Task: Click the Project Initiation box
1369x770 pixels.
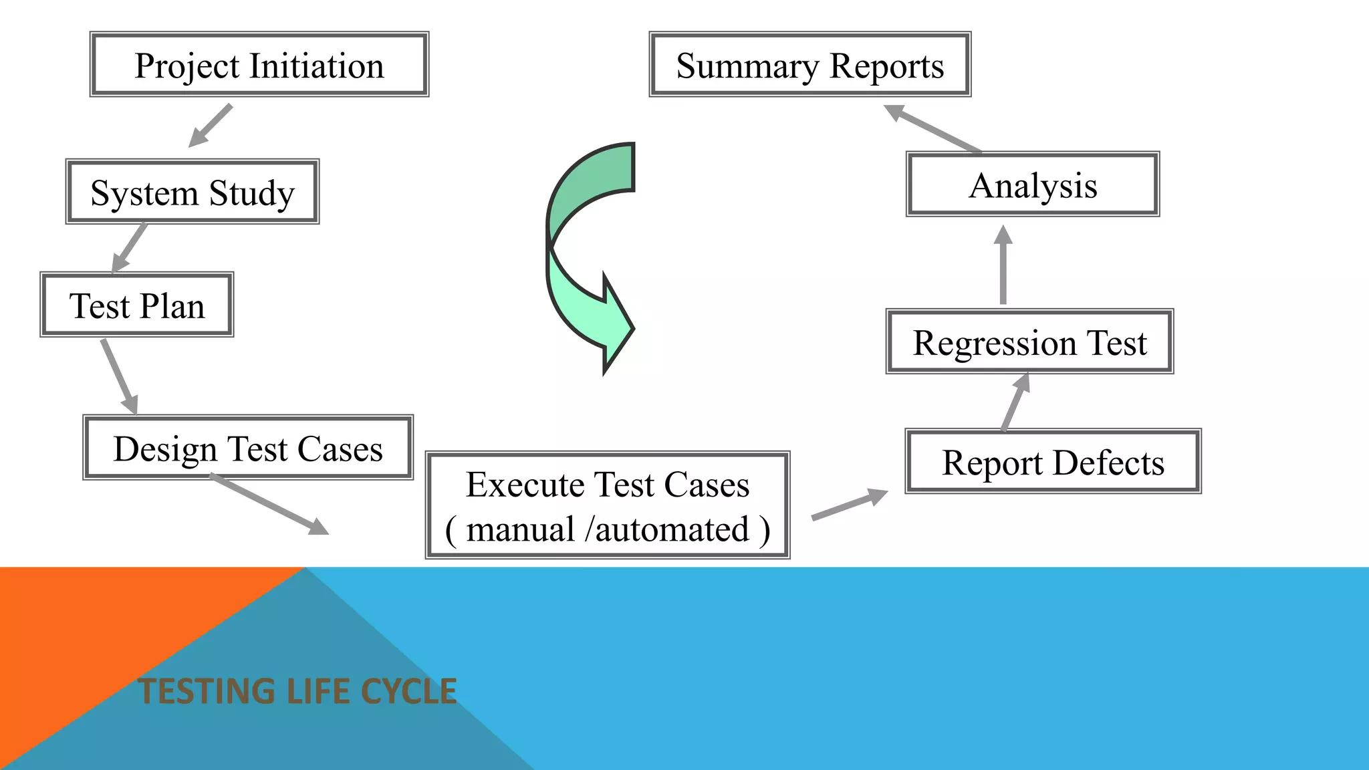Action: (x=259, y=65)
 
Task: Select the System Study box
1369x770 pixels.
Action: (x=193, y=192)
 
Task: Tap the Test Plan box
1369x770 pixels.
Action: (x=137, y=305)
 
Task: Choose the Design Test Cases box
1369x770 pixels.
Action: (x=248, y=448)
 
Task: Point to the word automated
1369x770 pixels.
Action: (x=672, y=529)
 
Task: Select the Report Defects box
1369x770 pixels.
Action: (x=1053, y=462)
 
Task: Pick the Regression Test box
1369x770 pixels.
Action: (x=1029, y=342)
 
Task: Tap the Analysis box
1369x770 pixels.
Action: (x=1033, y=184)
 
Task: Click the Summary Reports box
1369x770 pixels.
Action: (x=810, y=65)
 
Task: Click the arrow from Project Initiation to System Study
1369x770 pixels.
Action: (x=211, y=126)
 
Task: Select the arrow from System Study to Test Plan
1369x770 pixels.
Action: (x=130, y=247)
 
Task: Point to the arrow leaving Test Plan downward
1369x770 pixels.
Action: (x=120, y=376)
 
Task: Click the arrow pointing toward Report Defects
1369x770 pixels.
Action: (x=850, y=504)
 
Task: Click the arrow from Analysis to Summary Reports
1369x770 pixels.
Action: (x=932, y=128)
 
